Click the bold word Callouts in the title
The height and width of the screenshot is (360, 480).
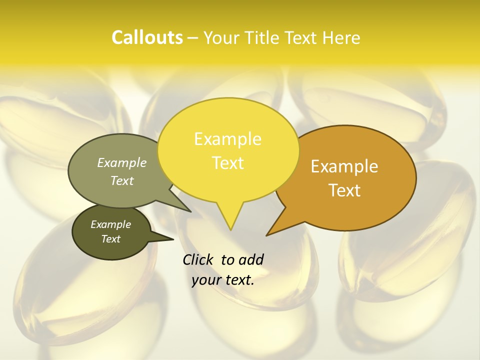tap(147, 37)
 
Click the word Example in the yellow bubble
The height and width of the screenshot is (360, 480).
tap(227, 139)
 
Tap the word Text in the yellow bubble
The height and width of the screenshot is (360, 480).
tap(227, 163)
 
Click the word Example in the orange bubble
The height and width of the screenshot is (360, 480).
tap(344, 166)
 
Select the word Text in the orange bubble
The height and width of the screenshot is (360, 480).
tap(344, 190)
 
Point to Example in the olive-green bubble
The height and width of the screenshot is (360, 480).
tap(122, 162)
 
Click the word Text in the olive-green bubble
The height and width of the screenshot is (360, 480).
tap(122, 180)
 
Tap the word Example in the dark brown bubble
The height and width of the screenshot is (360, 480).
tap(111, 224)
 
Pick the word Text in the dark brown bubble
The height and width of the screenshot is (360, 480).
tap(111, 239)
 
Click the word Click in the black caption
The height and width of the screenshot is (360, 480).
tap(197, 260)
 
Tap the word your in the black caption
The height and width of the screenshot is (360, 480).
tap(205, 280)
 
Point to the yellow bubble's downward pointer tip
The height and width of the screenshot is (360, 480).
tap(230, 229)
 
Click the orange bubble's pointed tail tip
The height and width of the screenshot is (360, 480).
tap(267, 234)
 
